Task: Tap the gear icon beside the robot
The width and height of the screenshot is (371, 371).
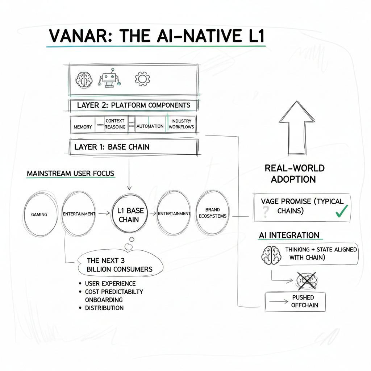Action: [142, 78]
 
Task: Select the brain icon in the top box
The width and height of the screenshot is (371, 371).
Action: [84, 78]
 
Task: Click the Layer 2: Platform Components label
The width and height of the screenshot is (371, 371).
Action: [133, 105]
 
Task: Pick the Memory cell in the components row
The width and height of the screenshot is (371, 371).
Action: [83, 127]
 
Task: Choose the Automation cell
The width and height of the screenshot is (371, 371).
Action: [150, 126]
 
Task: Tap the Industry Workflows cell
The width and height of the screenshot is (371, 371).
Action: [181, 124]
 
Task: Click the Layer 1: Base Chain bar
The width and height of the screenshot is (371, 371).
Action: [133, 147]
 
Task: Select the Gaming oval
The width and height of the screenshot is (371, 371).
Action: [39, 214]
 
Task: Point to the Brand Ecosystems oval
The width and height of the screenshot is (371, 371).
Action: [212, 213]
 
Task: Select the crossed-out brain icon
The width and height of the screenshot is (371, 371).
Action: [307, 280]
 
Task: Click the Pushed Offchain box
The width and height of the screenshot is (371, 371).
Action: [295, 301]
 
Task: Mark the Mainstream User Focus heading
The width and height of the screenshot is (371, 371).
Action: [71, 174]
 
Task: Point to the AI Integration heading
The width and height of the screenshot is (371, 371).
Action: [289, 235]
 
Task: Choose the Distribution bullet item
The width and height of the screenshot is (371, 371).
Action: [104, 308]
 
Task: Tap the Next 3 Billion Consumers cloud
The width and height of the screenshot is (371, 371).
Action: [120, 265]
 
